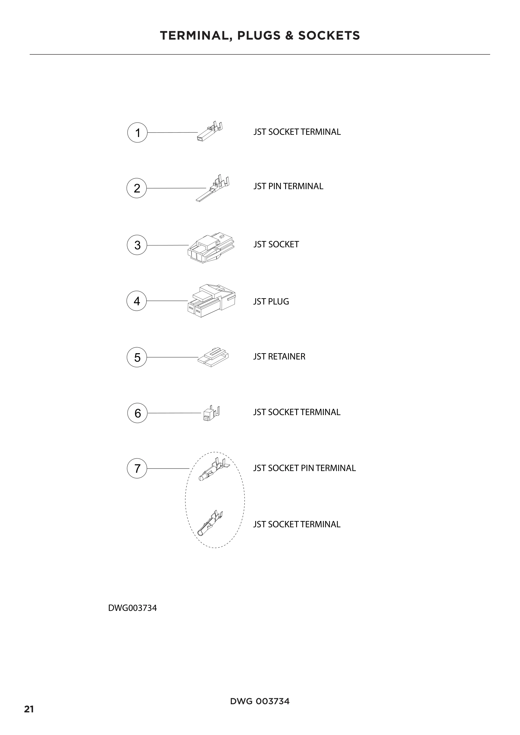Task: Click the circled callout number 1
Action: pyautogui.click(x=137, y=133)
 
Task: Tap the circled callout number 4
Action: pyautogui.click(x=137, y=301)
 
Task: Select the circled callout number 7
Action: pyautogui.click(x=137, y=469)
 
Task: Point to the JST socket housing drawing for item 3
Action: pyautogui.click(x=211, y=248)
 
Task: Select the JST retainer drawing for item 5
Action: pyautogui.click(x=213, y=357)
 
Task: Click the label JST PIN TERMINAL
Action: pyautogui.click(x=288, y=186)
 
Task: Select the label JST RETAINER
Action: pyautogui.click(x=279, y=357)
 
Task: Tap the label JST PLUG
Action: pyautogui.click(x=271, y=302)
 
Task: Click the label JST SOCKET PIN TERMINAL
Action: pyautogui.click(x=304, y=468)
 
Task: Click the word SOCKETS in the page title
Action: pyautogui.click(x=329, y=36)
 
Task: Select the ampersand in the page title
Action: pyautogui.click(x=289, y=36)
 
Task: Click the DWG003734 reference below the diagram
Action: pyautogui.click(x=133, y=608)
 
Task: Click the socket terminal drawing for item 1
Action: pyautogui.click(x=210, y=132)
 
